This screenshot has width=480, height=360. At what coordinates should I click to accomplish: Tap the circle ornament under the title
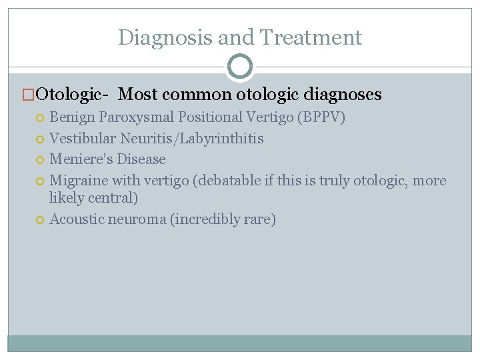[240, 67]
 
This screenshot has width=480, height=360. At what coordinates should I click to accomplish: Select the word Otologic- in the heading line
[74, 95]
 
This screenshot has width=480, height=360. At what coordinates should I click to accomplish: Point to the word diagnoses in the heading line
[343, 95]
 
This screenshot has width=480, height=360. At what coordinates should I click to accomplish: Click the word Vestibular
[83, 139]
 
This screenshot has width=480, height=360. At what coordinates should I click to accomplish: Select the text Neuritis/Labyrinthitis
[192, 139]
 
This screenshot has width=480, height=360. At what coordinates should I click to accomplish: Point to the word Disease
[141, 159]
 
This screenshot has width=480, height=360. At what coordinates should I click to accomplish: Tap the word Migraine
[79, 181]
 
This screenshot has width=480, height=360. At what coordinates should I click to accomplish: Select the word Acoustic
[77, 219]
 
